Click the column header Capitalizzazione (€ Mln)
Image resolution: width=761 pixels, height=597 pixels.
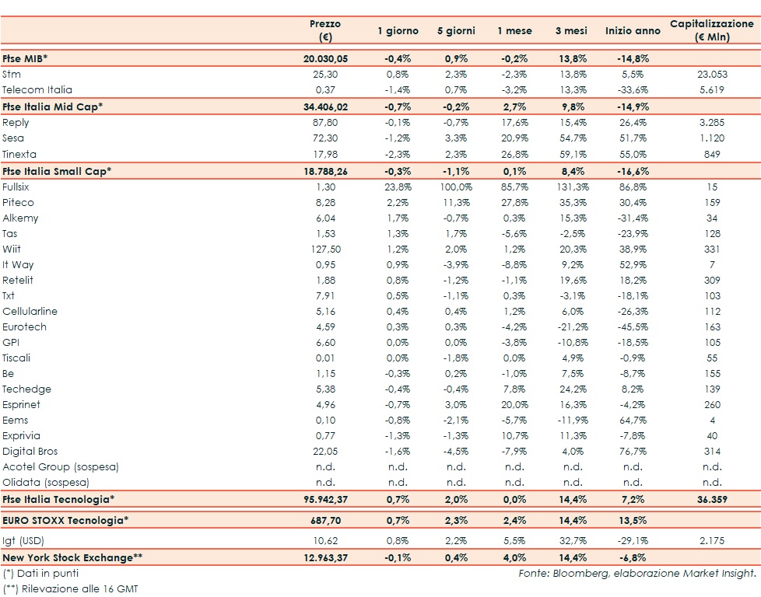[x=711, y=30]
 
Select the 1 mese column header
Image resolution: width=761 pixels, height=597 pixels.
[x=514, y=31]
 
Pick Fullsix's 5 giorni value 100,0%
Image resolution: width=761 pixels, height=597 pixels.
[x=456, y=187]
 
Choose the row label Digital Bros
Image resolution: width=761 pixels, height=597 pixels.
[x=30, y=452]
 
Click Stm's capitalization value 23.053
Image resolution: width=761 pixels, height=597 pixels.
[x=711, y=75]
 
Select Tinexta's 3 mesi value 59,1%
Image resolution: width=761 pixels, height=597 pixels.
[x=572, y=154]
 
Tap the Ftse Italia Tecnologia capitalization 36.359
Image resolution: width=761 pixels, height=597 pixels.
[x=711, y=498]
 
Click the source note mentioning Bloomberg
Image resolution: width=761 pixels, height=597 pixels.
[x=637, y=574]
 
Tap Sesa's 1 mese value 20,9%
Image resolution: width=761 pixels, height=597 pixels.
[x=514, y=138]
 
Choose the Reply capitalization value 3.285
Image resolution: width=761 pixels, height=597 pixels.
[x=711, y=123]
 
